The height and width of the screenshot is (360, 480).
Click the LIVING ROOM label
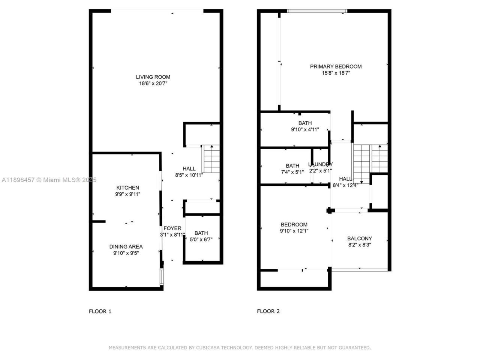(153, 77)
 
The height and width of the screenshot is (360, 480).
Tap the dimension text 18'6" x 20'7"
(153, 84)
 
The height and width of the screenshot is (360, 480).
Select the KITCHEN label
(127, 187)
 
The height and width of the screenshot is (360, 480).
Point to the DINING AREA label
(126, 246)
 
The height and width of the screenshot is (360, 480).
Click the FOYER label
(172, 228)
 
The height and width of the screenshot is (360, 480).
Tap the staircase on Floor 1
(211, 159)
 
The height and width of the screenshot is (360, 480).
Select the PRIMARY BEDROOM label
(336, 66)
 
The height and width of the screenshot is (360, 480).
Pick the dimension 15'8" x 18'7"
(336, 73)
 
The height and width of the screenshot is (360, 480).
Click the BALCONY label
(359, 238)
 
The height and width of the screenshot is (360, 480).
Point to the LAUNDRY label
(320, 164)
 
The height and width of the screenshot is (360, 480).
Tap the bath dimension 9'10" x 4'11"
(305, 129)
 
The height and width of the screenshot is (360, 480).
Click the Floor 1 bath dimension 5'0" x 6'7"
(201, 239)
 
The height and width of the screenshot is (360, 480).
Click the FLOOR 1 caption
(100, 311)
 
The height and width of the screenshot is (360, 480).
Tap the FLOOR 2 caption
(268, 311)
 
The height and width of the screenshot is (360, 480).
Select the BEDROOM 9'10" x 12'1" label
(294, 228)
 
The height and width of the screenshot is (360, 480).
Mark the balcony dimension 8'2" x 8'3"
(359, 244)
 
